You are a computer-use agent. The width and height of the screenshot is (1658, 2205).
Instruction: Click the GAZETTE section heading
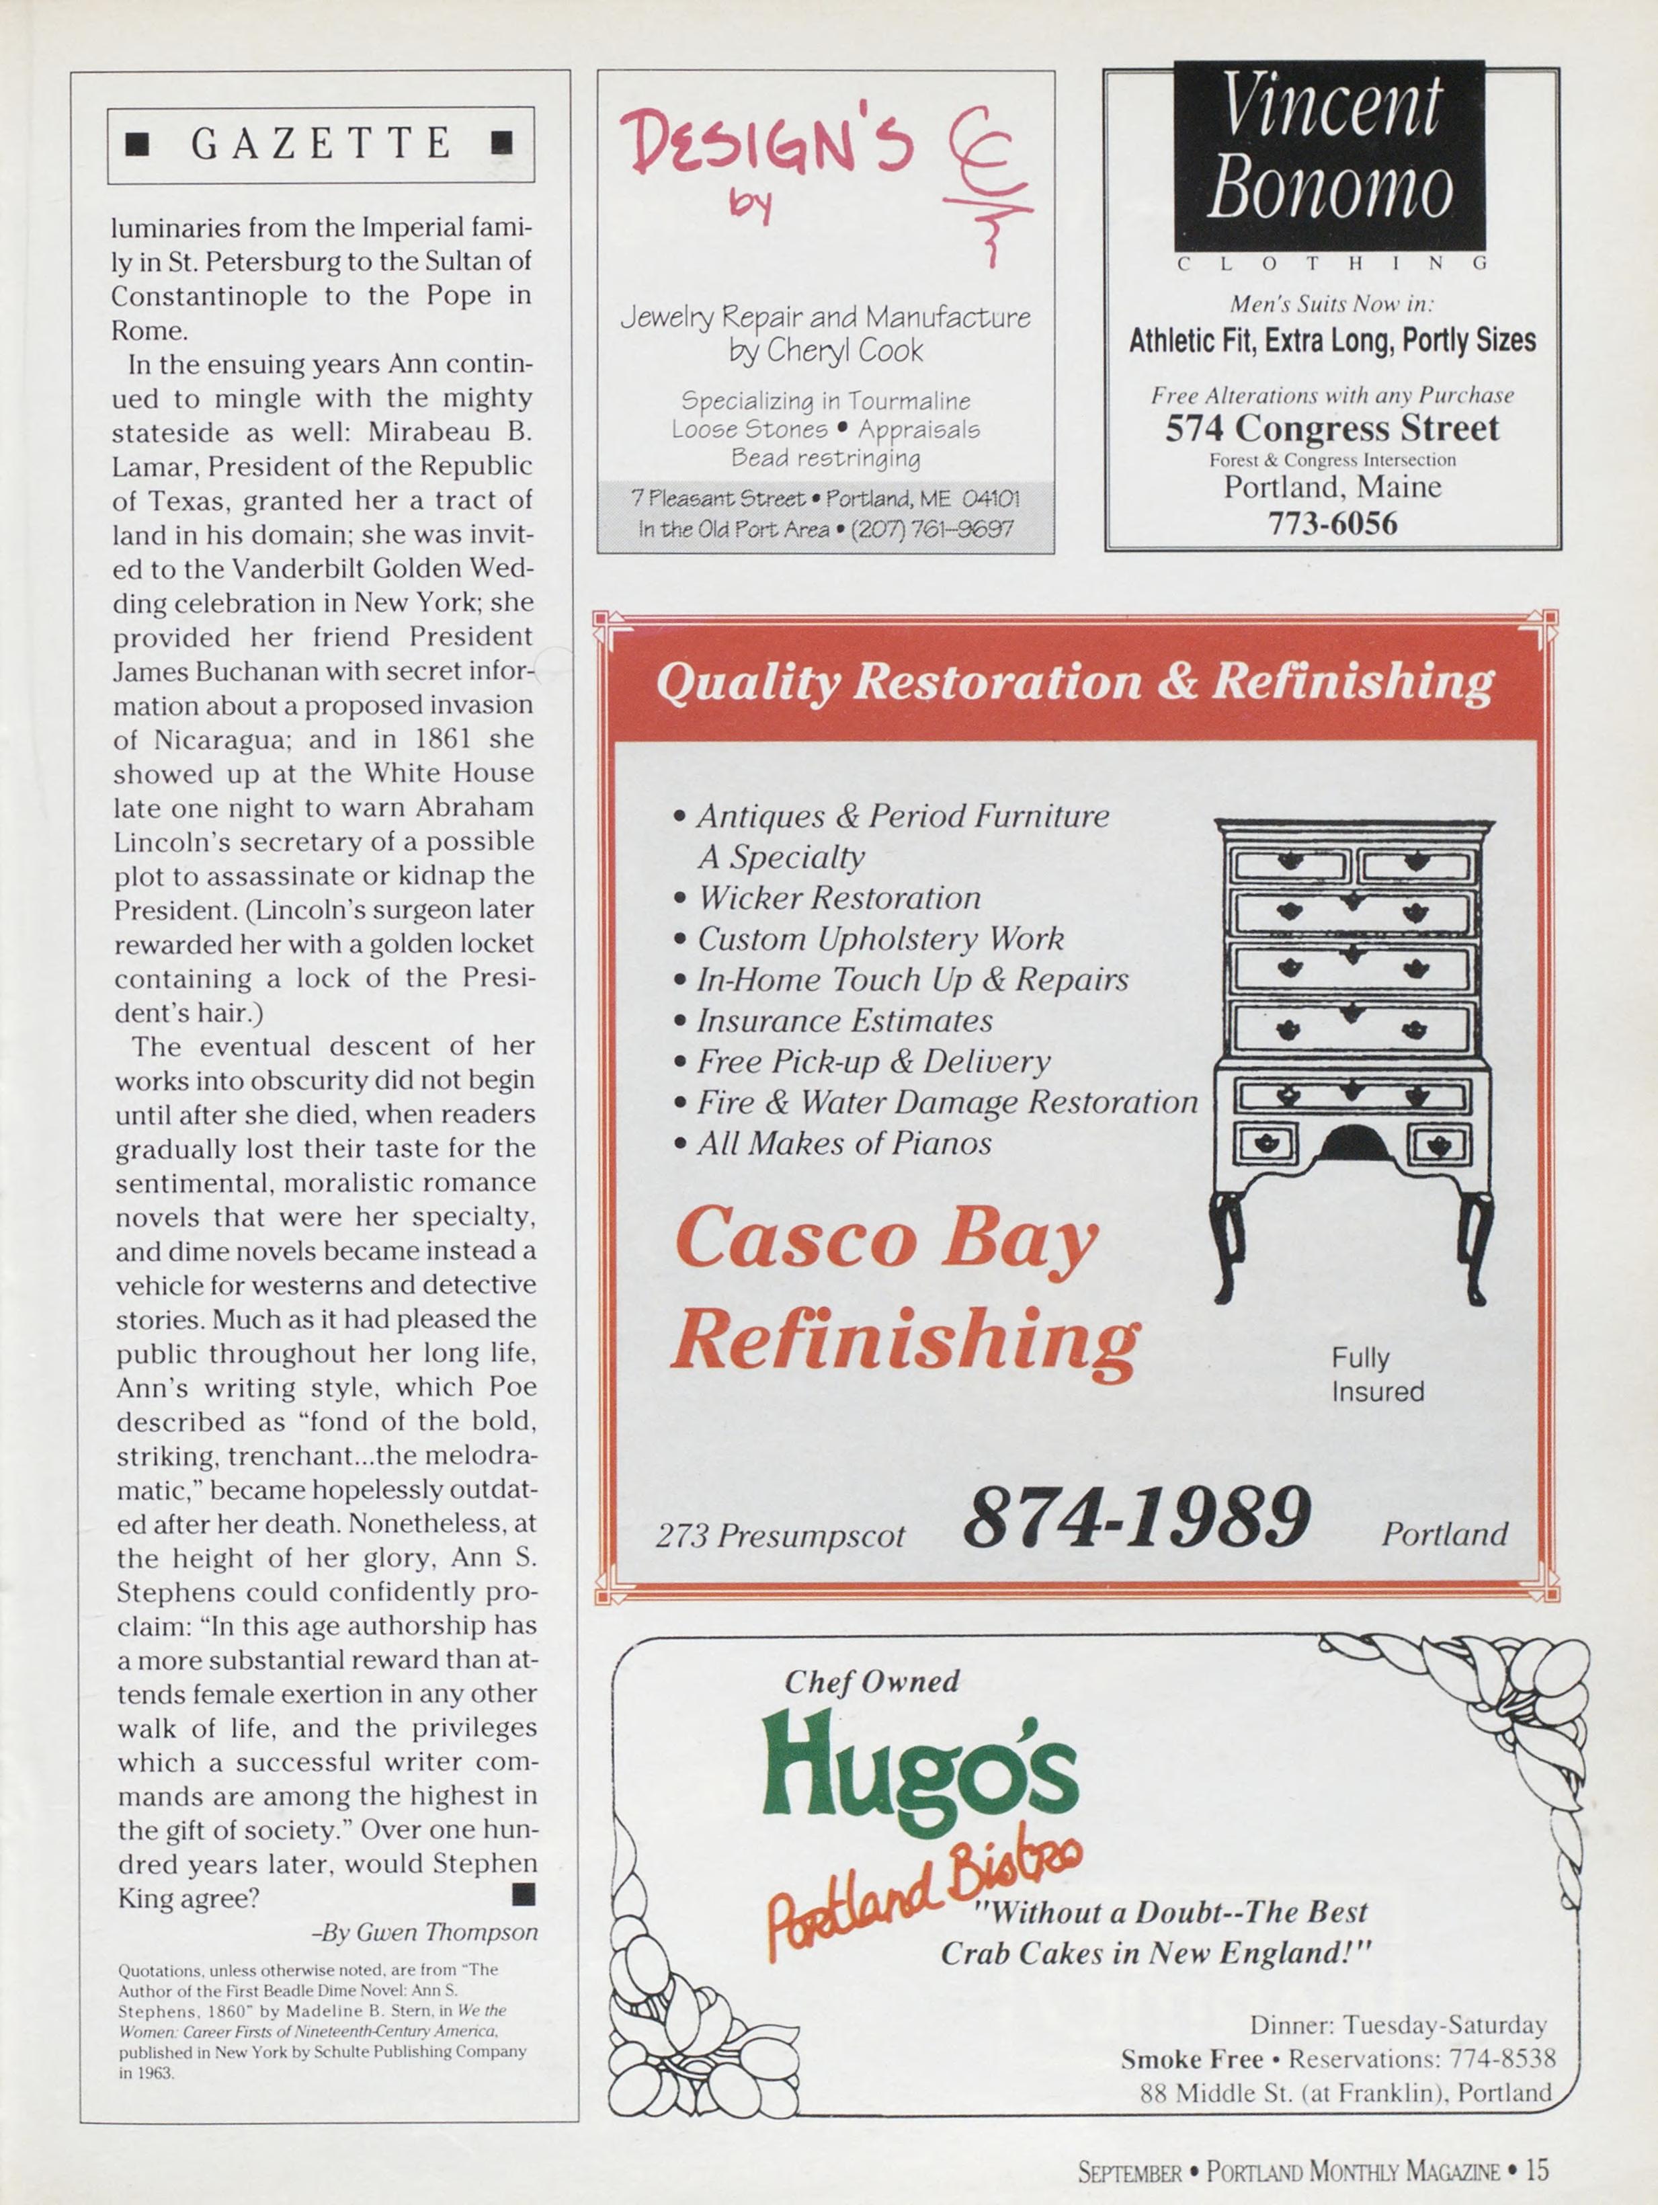(321, 144)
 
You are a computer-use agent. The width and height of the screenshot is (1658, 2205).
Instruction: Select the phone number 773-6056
(1332, 523)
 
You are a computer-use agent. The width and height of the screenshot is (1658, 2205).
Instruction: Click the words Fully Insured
(1377, 1375)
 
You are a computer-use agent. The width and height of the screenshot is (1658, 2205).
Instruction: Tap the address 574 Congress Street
(1332, 429)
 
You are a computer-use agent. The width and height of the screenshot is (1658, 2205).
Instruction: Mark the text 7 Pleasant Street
(717, 498)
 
